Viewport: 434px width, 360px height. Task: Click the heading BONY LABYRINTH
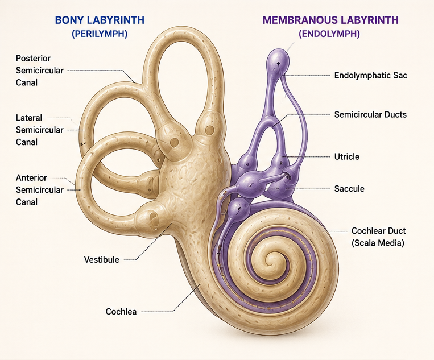[100, 20]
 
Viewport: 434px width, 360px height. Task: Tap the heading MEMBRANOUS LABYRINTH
[330, 20]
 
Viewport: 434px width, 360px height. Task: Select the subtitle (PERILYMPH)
[100, 34]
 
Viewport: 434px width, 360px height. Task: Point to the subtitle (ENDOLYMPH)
[329, 34]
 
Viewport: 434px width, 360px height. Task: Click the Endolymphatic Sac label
[371, 75]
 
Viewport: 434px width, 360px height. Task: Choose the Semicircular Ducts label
[370, 114]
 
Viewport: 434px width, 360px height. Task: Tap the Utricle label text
[347, 156]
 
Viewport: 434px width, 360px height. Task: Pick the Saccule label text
[349, 189]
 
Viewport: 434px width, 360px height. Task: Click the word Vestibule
[102, 259]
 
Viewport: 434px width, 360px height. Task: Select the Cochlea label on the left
[121, 312]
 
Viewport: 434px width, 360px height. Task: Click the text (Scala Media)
[378, 243]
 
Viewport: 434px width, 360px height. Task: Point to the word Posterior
[33, 59]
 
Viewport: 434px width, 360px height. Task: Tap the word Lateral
[29, 118]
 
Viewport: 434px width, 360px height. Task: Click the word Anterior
[31, 177]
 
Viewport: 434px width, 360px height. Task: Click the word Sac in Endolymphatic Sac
[400, 75]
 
